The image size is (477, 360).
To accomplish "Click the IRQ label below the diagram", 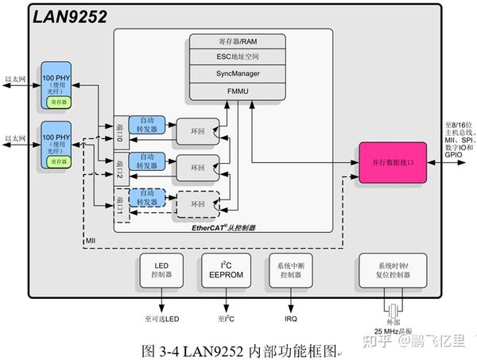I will pyautogui.click(x=291, y=319).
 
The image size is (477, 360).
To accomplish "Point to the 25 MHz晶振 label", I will pyautogui.click(x=390, y=329).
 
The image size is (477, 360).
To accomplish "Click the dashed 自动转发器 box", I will pyautogui.click(x=147, y=197).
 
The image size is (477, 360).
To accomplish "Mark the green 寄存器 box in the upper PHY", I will pyautogui.click(x=60, y=103).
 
